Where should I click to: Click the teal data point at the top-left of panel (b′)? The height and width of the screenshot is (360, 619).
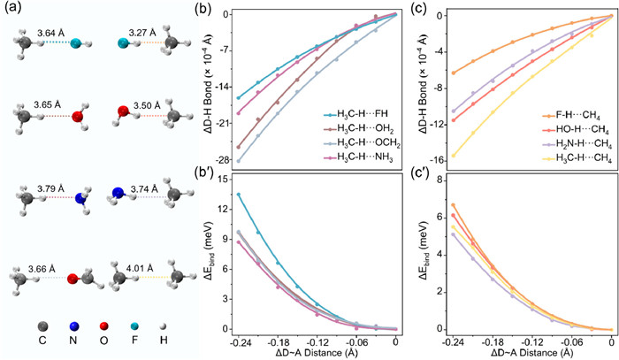pos(238,194)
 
